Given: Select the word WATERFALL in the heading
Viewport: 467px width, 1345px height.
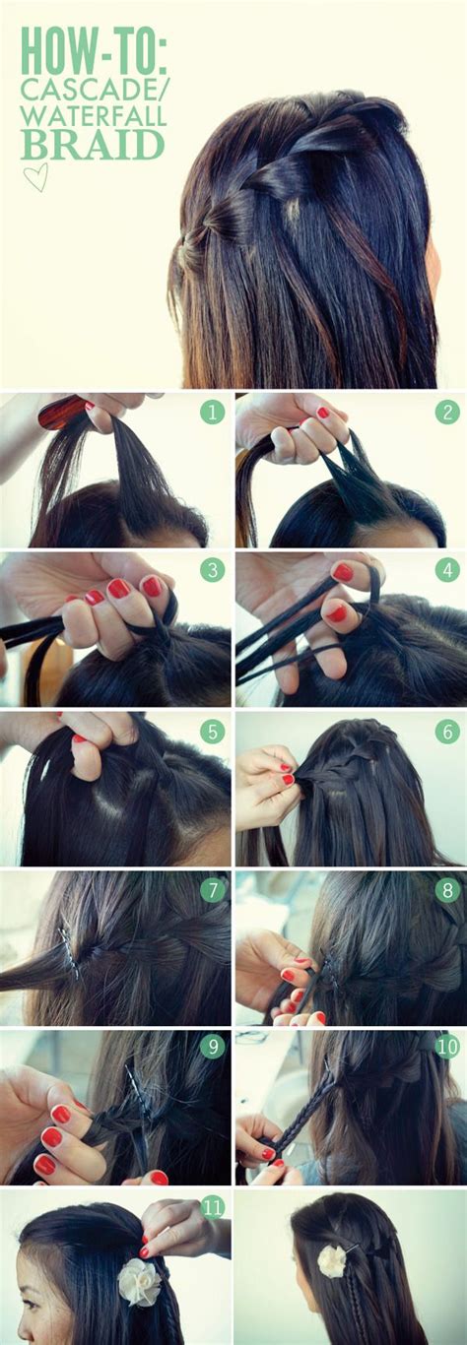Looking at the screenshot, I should pyautogui.click(x=95, y=116).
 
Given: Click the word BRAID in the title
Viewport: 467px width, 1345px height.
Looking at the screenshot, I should pyautogui.click(x=94, y=145).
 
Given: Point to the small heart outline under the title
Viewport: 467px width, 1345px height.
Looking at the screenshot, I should pyautogui.click(x=35, y=176).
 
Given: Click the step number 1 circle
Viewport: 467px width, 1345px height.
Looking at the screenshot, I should pyautogui.click(x=212, y=412).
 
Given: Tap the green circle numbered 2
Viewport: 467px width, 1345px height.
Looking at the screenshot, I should pyautogui.click(x=447, y=412).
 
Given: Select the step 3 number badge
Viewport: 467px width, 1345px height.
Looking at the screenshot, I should pyautogui.click(x=212, y=570).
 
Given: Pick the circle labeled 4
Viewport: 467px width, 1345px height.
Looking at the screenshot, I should pyautogui.click(x=447, y=570).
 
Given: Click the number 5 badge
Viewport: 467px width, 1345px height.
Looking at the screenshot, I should pyautogui.click(x=212, y=730).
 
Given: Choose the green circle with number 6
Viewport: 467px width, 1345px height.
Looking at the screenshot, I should pyautogui.click(x=447, y=730).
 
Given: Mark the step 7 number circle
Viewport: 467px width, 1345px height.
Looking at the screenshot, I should pyautogui.click(x=212, y=889).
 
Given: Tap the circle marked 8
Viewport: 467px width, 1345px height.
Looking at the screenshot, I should pyautogui.click(x=447, y=889).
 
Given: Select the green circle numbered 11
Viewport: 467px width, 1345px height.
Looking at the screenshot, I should pyautogui.click(x=212, y=1207).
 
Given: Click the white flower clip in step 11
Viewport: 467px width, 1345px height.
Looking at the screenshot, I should pyautogui.click(x=137, y=1281).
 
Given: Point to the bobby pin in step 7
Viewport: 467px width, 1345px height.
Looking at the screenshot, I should pyautogui.click(x=68, y=952).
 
